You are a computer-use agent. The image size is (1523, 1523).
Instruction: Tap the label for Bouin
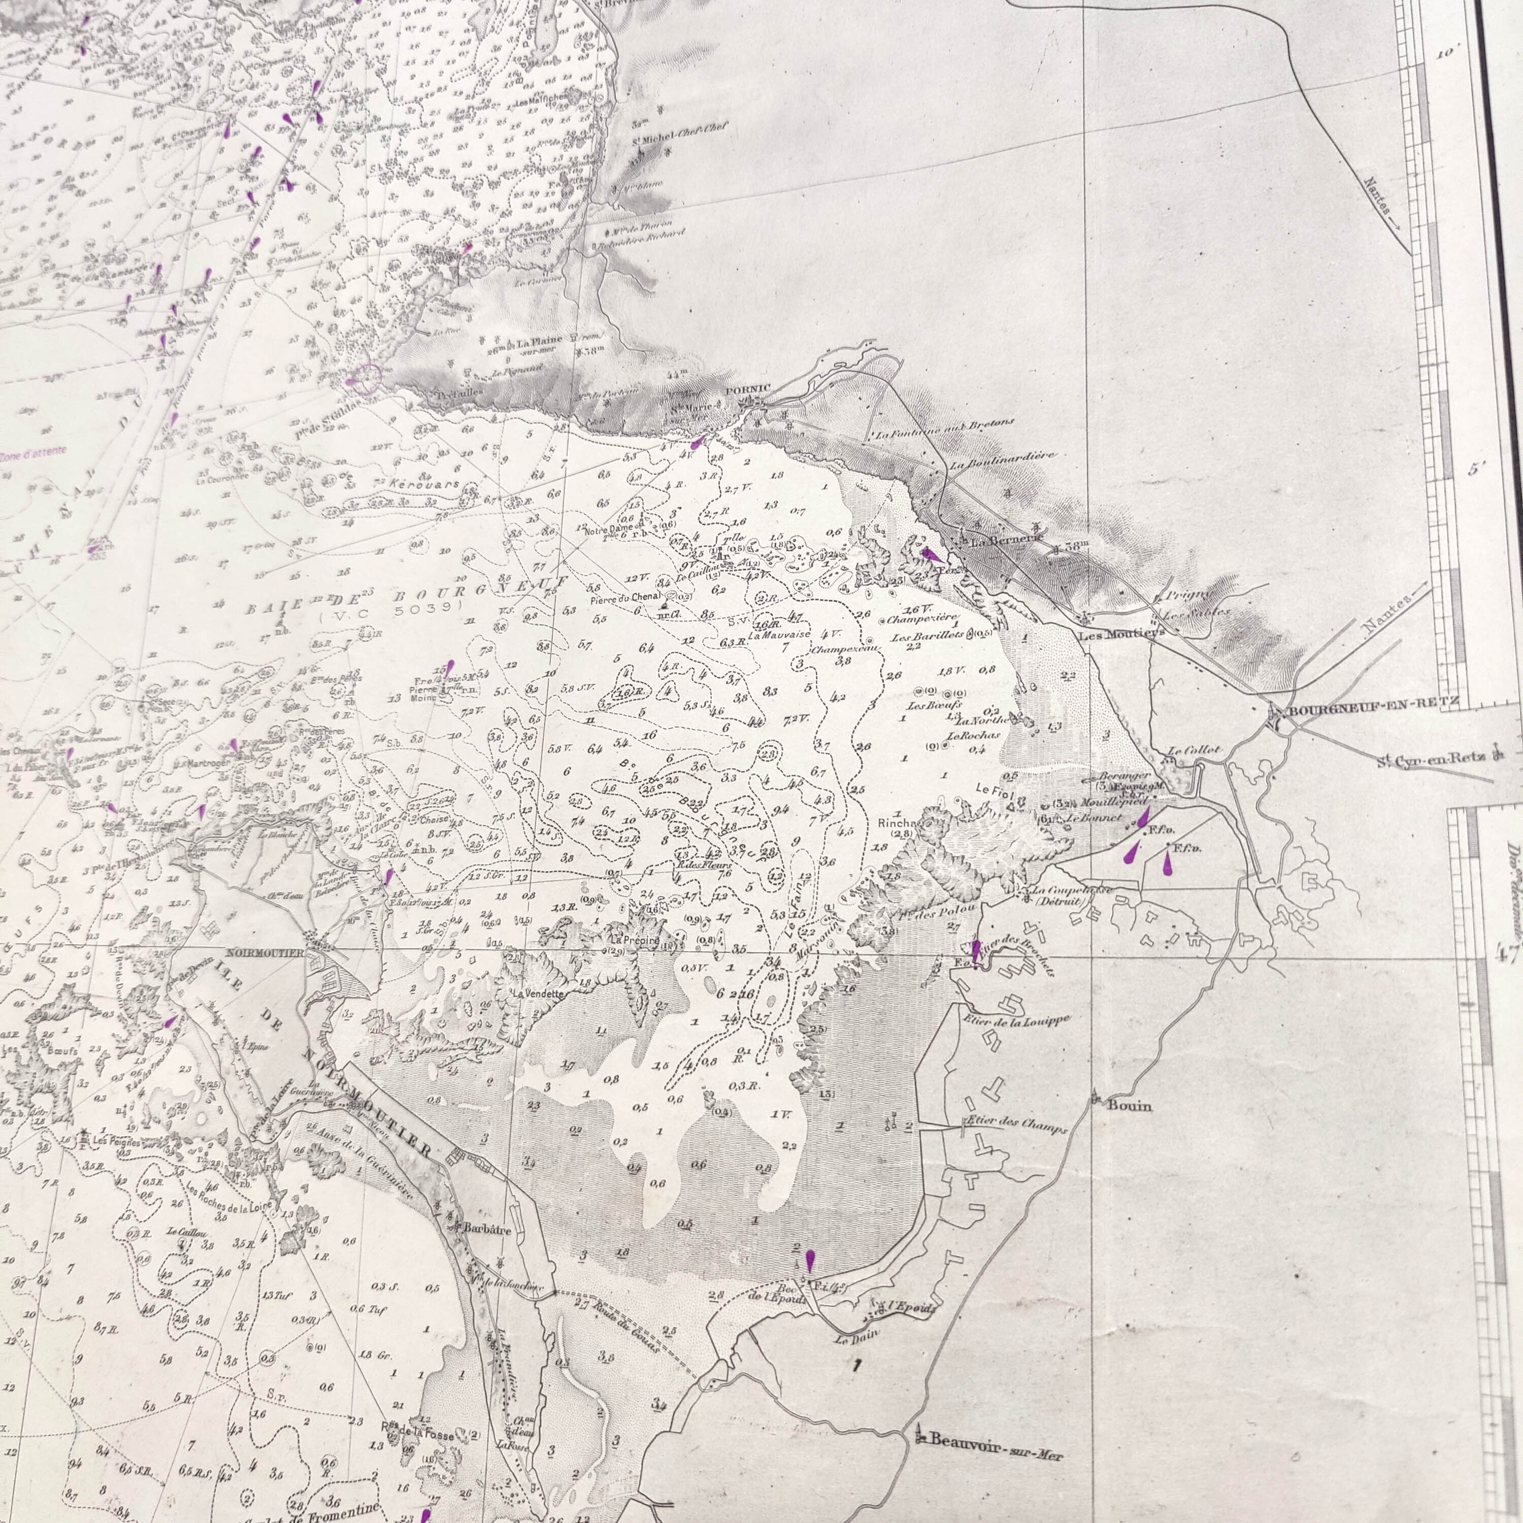tap(1129, 1106)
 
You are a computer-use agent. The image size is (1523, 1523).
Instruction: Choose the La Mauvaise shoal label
tap(780, 635)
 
